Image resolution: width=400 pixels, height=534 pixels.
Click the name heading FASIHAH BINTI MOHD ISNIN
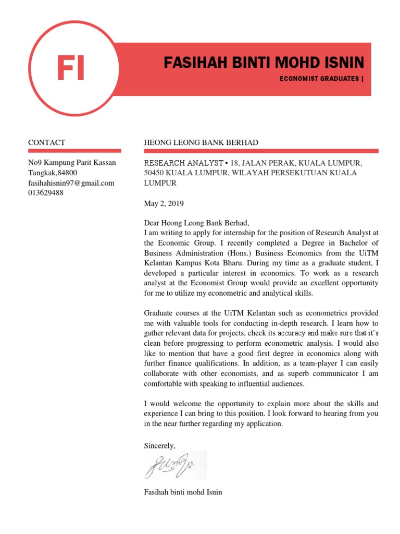pyautogui.click(x=264, y=64)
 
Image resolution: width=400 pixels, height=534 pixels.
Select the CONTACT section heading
pyautogui.click(x=46, y=142)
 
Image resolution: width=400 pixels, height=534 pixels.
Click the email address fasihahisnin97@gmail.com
pyautogui.click(x=71, y=183)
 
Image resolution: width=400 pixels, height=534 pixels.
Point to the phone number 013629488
pyautogui.click(x=46, y=192)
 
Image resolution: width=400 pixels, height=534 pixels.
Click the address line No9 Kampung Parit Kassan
pyautogui.click(x=72, y=163)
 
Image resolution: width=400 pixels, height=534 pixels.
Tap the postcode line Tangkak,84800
pyautogui.click(x=53, y=173)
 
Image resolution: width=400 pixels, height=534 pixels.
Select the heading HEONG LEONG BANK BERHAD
pyautogui.click(x=201, y=142)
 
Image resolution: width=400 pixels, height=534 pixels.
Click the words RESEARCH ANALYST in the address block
pyautogui.click(x=176, y=163)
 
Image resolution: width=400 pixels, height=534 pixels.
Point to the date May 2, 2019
pyautogui.click(x=164, y=203)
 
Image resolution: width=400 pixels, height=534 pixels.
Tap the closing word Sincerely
pyautogui.click(x=160, y=445)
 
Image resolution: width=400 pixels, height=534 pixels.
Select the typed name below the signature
pyautogui.click(x=183, y=492)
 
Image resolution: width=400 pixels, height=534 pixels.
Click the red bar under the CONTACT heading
pyautogui.click(x=74, y=151)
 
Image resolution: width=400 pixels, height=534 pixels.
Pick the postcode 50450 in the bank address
pyautogui.click(x=154, y=173)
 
